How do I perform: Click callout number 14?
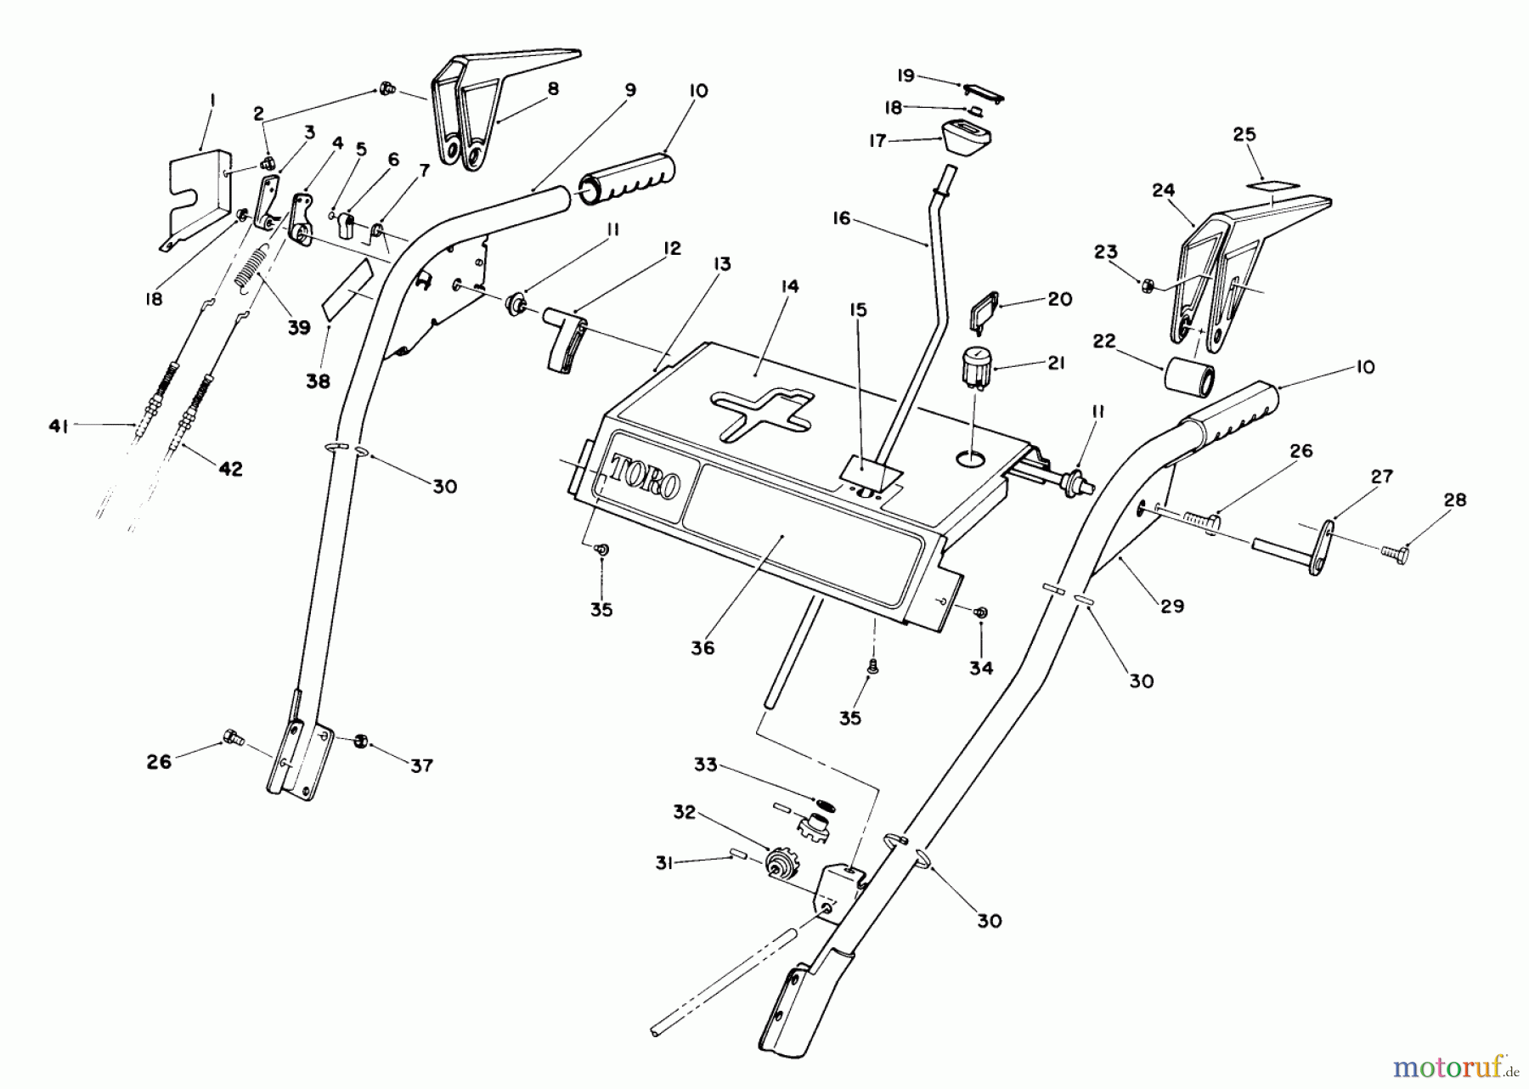pyautogui.click(x=790, y=287)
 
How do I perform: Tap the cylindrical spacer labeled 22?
pyautogui.click(x=1188, y=374)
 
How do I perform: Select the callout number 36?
pyautogui.click(x=702, y=647)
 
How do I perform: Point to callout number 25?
pyautogui.click(x=1244, y=134)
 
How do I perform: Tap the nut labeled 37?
pyautogui.click(x=359, y=741)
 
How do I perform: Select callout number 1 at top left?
pyautogui.click(x=212, y=100)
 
